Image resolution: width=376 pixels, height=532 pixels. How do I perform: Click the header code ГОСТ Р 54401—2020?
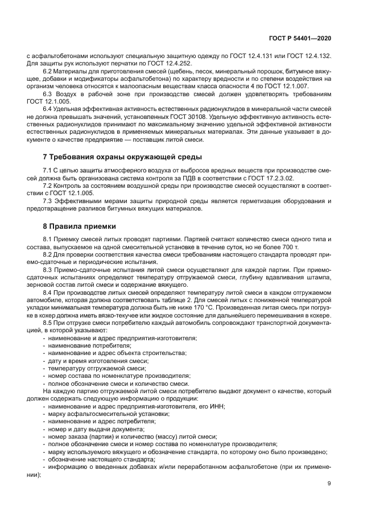tap(300, 38)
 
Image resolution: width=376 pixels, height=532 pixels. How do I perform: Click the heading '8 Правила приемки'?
tap(76, 225)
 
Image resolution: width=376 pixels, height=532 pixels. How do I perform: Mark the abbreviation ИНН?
tap(217, 406)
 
